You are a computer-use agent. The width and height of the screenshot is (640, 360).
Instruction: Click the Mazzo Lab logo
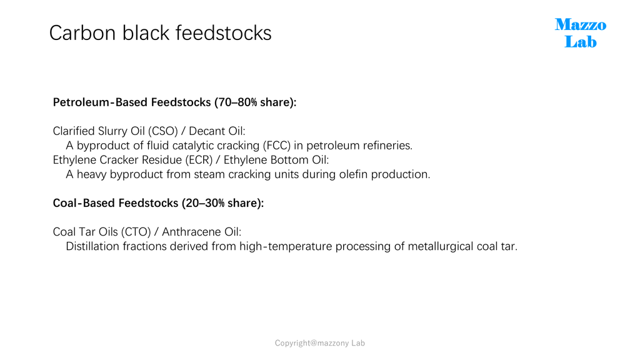coord(581,33)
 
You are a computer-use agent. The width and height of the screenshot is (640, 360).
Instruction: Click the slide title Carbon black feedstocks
coord(160,33)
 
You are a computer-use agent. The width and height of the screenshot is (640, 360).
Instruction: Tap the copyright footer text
coord(320,343)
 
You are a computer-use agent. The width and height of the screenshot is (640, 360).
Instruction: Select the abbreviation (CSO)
coord(163,131)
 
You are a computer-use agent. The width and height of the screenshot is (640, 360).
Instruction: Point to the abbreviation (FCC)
coord(277,145)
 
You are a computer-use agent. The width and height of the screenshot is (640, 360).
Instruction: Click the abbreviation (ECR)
coord(199,160)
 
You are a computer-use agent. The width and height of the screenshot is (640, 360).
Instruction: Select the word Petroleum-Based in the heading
coord(100,102)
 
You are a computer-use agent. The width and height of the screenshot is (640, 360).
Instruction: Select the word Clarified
coord(74,131)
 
